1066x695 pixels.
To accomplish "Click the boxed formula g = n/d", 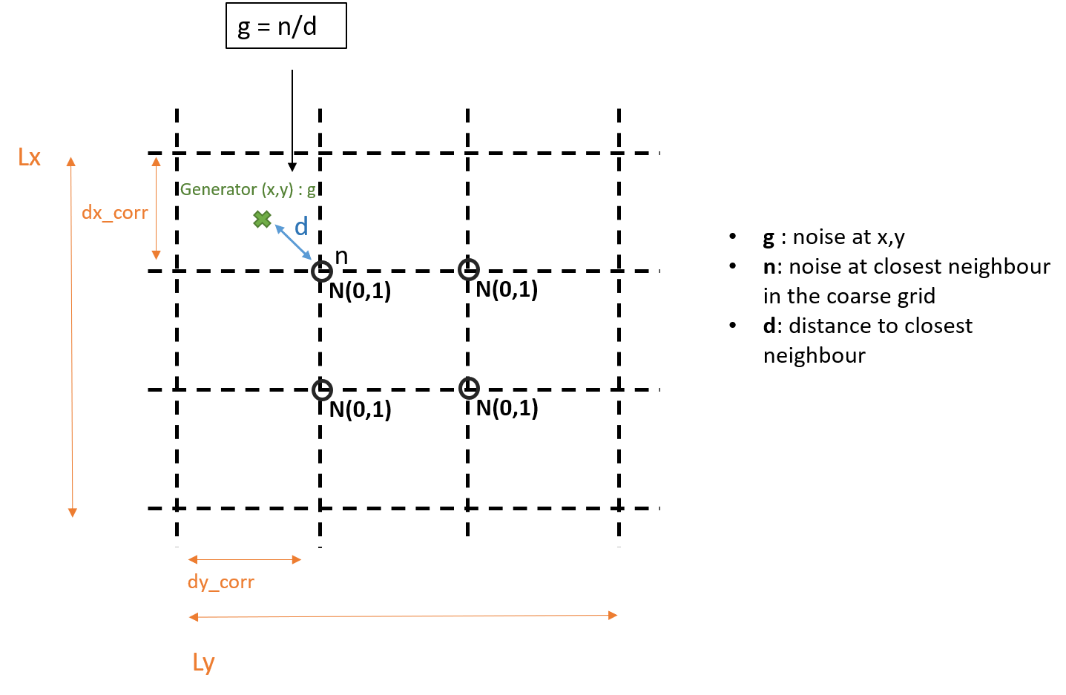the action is click(x=286, y=26).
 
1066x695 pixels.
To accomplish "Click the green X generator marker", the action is click(x=262, y=220).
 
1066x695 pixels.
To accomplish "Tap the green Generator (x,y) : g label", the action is click(x=248, y=190).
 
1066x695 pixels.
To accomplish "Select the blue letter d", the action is click(x=301, y=226).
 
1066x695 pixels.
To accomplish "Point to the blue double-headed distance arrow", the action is click(x=293, y=242).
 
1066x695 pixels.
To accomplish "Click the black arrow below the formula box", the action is click(x=292, y=120).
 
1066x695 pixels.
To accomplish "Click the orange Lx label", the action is click(x=29, y=157).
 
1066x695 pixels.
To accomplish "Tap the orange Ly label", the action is click(x=204, y=662).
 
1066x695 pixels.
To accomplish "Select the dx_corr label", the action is click(x=115, y=213).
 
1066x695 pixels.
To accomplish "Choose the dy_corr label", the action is click(x=221, y=582).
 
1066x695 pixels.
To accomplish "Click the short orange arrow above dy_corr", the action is click(x=245, y=559).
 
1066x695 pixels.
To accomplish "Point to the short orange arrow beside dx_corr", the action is click(x=156, y=208).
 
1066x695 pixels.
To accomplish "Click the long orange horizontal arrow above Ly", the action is click(x=403, y=616).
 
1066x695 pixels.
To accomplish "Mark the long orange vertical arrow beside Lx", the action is click(x=72, y=337).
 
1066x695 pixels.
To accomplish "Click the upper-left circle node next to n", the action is click(x=322, y=271).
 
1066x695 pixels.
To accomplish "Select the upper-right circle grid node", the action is click(x=469, y=270).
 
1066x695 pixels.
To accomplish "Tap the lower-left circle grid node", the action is click(x=322, y=390).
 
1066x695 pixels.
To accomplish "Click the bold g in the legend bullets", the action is click(x=768, y=238).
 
